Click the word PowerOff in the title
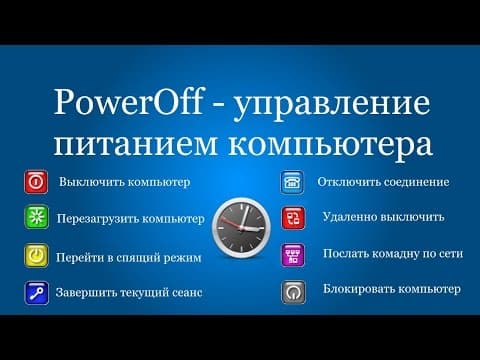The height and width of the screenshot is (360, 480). [128, 102]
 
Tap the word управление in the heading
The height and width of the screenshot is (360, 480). [331, 106]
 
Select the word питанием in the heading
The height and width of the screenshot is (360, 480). [135, 144]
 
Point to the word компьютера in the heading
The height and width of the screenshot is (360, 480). [330, 147]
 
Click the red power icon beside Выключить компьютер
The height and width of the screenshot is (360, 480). [36, 182]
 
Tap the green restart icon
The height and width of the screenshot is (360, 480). [37, 217]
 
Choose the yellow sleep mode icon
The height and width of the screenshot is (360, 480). [36, 256]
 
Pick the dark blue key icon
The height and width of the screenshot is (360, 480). [37, 293]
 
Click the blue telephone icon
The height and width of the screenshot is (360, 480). [292, 182]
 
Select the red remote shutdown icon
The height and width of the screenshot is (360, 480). [293, 218]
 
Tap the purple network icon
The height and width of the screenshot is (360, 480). [293, 255]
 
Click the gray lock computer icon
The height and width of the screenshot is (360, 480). [294, 292]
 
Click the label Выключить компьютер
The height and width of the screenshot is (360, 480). [125, 182]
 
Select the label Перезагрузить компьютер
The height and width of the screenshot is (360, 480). [131, 219]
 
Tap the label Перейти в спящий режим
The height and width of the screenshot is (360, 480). [129, 258]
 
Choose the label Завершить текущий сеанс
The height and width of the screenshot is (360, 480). [129, 293]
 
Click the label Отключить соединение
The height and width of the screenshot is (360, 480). [383, 182]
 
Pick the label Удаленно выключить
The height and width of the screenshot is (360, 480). [383, 217]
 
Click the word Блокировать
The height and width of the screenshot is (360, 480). [358, 289]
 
